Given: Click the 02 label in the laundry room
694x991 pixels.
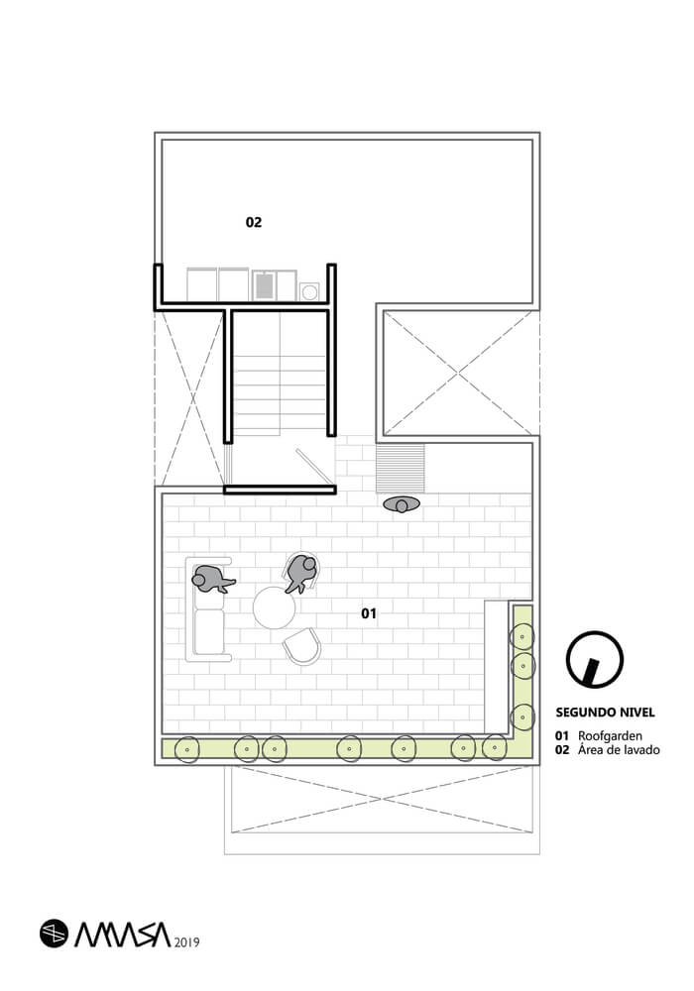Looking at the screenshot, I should (x=254, y=223).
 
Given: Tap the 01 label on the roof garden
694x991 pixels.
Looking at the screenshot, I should (x=369, y=614).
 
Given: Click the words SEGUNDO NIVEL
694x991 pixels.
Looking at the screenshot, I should (x=605, y=713).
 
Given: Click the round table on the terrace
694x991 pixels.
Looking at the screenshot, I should (x=274, y=607).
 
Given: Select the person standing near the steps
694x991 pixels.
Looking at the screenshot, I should (x=403, y=505).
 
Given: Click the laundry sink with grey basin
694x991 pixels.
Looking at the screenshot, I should (x=265, y=285).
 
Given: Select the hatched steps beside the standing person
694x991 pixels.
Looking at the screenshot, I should (x=401, y=468).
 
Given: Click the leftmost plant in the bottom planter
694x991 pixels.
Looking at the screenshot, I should (x=185, y=750).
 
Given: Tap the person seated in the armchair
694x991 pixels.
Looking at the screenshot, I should (x=301, y=572).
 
